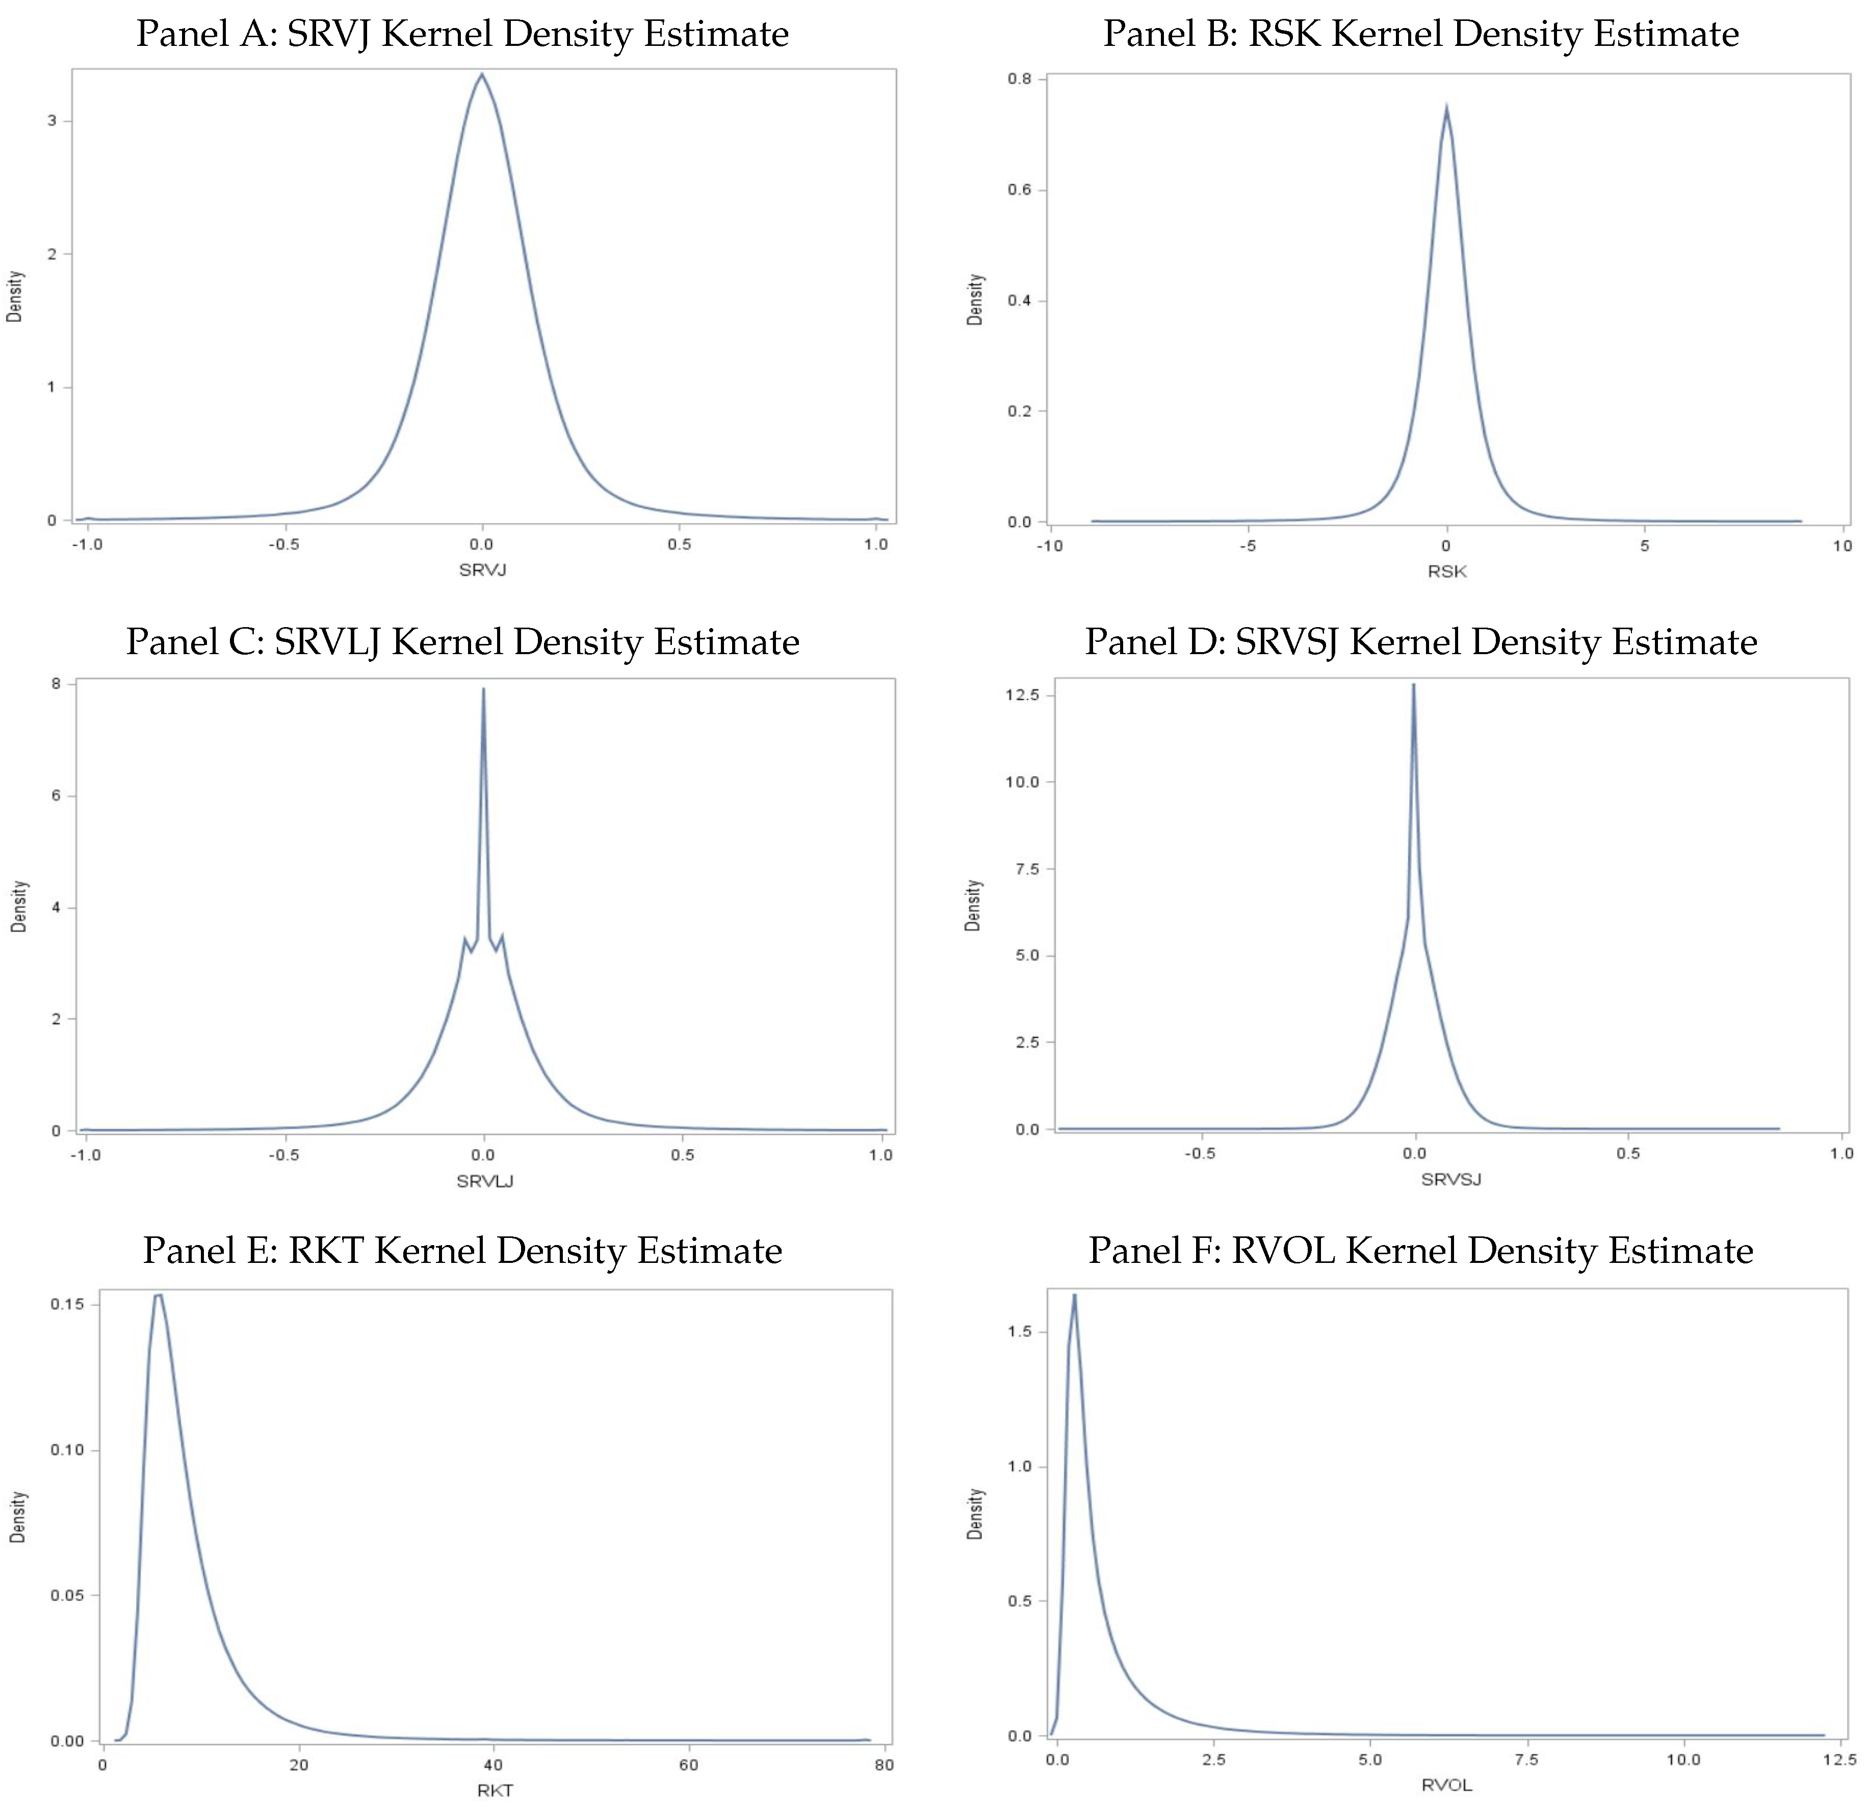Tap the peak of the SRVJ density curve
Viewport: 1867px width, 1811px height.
[482, 74]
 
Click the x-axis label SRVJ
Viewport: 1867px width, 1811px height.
[482, 570]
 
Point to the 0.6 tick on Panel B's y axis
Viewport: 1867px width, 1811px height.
[1019, 190]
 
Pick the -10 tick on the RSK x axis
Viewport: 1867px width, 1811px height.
[1050, 546]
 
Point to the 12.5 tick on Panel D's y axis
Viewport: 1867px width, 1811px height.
[1021, 695]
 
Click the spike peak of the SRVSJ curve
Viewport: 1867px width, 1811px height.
[1414, 685]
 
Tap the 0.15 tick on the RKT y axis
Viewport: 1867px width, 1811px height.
[67, 1304]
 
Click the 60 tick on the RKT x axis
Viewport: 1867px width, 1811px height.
[689, 1764]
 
